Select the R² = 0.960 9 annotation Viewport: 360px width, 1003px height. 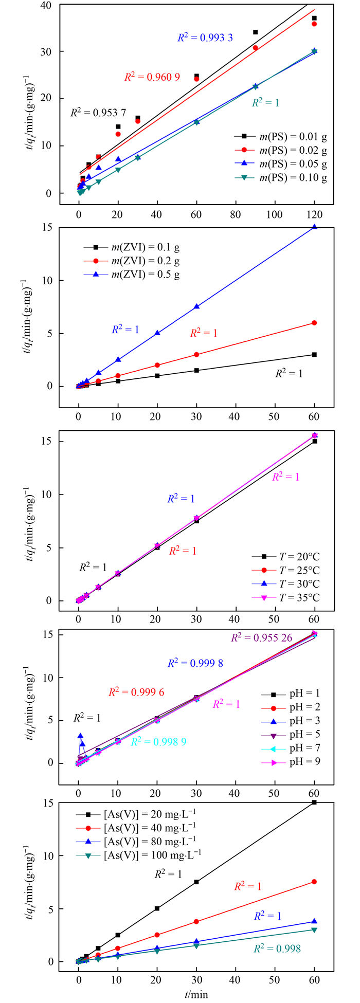(x=152, y=77)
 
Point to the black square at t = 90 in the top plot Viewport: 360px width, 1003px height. (x=255, y=32)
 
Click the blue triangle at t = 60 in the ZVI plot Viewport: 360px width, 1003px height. (x=314, y=227)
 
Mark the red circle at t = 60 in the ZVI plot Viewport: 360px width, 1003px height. (x=314, y=323)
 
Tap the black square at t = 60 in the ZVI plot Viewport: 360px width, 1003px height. (x=314, y=355)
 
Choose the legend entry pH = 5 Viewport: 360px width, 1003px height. (x=303, y=734)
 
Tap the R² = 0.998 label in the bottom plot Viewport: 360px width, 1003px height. (x=277, y=949)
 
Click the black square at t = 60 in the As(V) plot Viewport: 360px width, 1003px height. (x=314, y=802)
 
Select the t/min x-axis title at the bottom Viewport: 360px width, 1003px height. (x=196, y=994)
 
